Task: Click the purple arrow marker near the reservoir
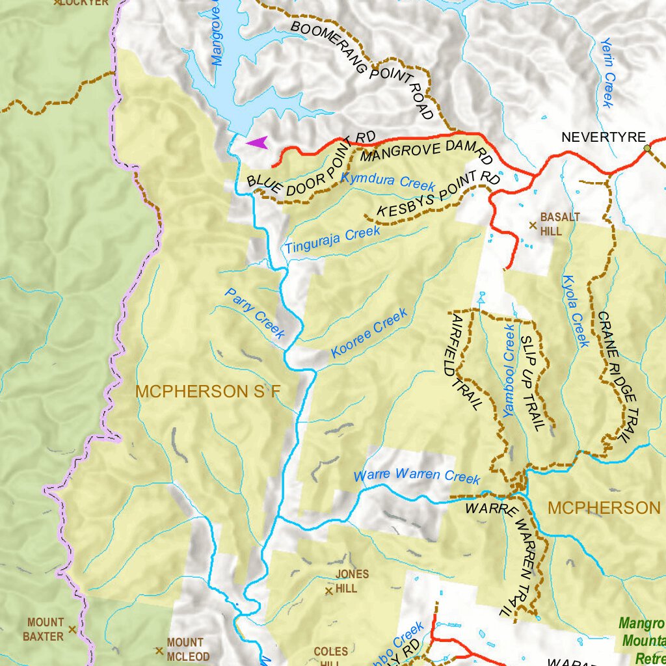pyautogui.click(x=257, y=143)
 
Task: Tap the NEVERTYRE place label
pyautogui.click(x=604, y=137)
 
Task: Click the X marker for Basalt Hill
pyautogui.click(x=533, y=226)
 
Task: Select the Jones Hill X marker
pyautogui.click(x=329, y=591)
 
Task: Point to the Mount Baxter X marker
pyautogui.click(x=72, y=630)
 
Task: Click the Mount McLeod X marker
pyautogui.click(x=159, y=650)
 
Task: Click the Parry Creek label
pyautogui.click(x=255, y=313)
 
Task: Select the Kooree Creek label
pyautogui.click(x=369, y=334)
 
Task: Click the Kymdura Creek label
pyautogui.click(x=388, y=180)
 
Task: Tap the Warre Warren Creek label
pyautogui.click(x=416, y=475)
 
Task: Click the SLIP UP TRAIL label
pyautogui.click(x=532, y=384)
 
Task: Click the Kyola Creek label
pyautogui.click(x=575, y=311)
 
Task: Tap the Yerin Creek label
pyautogui.click(x=607, y=72)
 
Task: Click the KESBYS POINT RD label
pyautogui.click(x=438, y=194)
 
